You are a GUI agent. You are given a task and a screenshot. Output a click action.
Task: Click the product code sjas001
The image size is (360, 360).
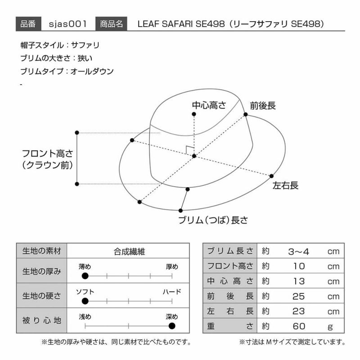68,24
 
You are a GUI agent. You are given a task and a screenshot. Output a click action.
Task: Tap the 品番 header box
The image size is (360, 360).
28,24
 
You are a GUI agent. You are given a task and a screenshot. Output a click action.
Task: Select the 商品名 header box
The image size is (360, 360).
111,24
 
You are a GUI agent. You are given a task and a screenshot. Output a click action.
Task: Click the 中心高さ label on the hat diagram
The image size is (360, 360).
209,105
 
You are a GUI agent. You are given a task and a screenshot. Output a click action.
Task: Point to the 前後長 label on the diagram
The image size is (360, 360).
263,106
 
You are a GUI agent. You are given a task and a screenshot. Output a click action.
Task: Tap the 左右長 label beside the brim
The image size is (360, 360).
285,185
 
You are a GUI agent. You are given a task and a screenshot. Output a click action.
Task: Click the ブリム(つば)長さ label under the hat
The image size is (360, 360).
213,220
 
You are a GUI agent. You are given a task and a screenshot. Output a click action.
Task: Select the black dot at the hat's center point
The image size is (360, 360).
194,156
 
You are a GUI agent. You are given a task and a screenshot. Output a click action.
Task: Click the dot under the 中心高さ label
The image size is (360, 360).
194,114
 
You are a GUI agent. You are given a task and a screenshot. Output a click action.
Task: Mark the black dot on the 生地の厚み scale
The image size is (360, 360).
85,276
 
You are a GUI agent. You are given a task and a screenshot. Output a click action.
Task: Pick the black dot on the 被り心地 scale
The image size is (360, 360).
172,326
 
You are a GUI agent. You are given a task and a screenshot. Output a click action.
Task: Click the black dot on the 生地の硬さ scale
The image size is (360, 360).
85,301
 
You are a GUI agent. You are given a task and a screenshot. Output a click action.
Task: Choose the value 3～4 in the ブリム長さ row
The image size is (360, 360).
298,252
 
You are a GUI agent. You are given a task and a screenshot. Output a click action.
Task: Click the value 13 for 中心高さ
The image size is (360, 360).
299,281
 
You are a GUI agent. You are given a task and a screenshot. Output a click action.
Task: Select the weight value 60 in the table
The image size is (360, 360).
299,326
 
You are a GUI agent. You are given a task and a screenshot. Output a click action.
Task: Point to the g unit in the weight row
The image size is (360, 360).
330,327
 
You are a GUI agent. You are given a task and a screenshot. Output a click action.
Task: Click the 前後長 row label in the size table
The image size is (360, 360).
230,296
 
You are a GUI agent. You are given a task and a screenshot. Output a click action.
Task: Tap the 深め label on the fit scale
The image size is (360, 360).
172,317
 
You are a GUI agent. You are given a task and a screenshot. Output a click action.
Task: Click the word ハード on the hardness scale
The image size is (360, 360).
172,292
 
